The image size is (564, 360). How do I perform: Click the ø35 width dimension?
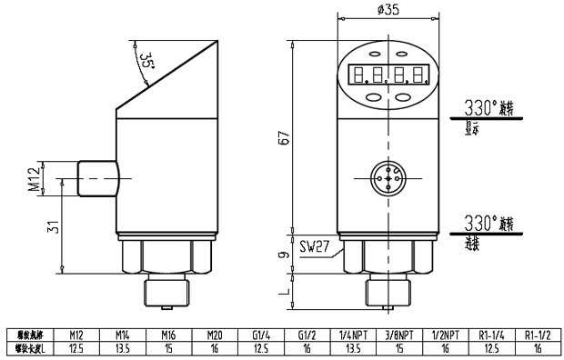tap(388, 12)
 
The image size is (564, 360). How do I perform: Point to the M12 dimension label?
tap(34, 180)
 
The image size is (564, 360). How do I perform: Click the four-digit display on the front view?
tap(387, 75)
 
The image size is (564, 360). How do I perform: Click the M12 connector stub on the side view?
tap(97, 179)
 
